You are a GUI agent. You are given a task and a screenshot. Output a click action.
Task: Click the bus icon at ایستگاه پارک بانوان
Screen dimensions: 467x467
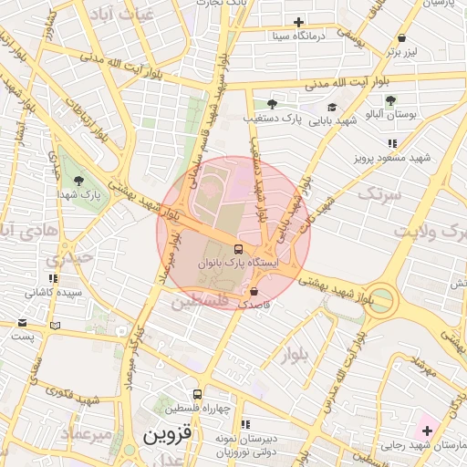point(238,249)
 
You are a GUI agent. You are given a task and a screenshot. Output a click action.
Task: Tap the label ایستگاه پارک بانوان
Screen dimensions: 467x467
point(236,263)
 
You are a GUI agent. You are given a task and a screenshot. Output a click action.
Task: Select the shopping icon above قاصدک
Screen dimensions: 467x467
point(254,292)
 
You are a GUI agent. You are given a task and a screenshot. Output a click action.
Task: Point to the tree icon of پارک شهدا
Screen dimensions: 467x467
point(79,180)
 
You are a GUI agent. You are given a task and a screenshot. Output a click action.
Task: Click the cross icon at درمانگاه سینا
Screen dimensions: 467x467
point(299,23)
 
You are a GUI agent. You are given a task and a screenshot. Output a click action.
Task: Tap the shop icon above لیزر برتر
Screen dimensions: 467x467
point(401,38)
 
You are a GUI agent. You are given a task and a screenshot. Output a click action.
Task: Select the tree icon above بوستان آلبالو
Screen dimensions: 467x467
point(390,101)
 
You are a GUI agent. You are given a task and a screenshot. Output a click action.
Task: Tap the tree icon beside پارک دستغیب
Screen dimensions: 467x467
point(271,104)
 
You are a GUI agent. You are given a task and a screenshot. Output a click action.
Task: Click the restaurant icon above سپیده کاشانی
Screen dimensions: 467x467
point(53,278)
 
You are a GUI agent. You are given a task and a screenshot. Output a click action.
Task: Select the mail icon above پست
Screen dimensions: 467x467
point(22,323)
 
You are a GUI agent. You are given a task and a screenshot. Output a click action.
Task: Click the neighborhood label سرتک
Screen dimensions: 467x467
point(379,194)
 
